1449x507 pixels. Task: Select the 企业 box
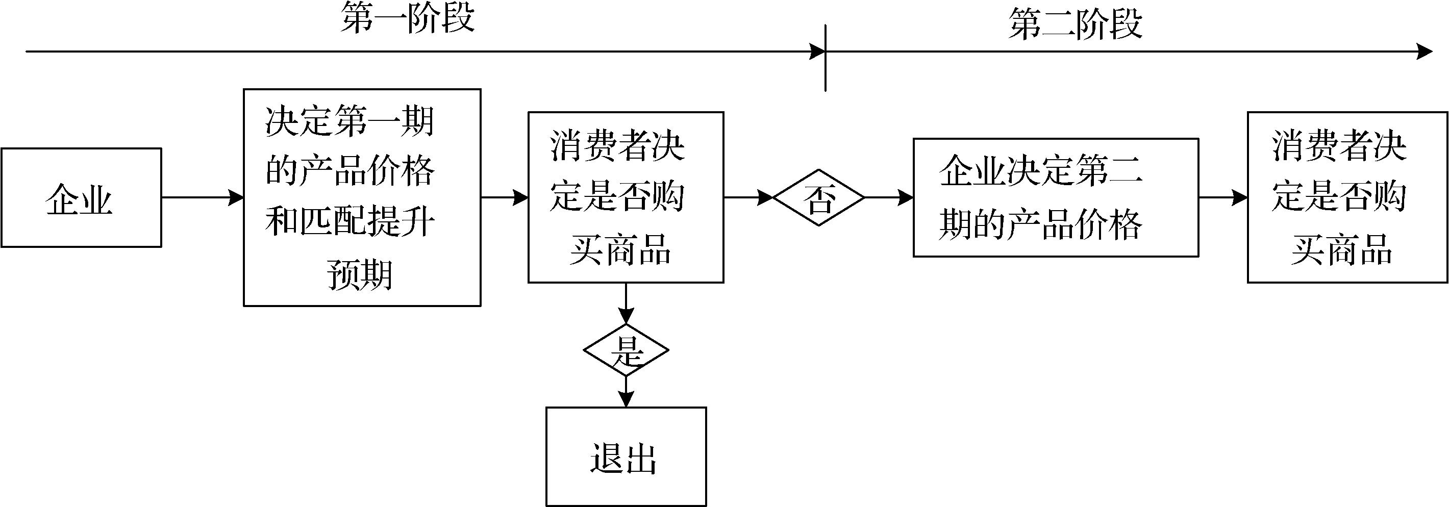point(81,198)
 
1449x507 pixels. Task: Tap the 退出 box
point(626,456)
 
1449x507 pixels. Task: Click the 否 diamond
point(818,198)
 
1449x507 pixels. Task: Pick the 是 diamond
point(626,350)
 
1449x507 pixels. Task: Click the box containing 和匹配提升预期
point(362,197)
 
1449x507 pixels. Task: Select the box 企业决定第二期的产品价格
point(1055,198)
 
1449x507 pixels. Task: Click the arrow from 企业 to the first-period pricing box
point(202,198)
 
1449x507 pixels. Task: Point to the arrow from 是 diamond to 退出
point(626,391)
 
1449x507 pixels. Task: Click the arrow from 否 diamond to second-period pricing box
point(889,198)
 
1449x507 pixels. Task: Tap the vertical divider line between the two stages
point(825,73)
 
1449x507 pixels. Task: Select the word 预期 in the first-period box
point(359,275)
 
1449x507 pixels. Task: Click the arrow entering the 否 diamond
point(748,198)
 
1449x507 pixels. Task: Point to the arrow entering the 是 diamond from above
point(626,303)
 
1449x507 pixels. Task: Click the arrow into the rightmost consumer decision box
point(1223,198)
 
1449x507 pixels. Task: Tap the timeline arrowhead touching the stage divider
point(817,52)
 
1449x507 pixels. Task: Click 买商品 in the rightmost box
point(1341,249)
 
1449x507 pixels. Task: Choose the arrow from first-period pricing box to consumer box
point(504,198)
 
